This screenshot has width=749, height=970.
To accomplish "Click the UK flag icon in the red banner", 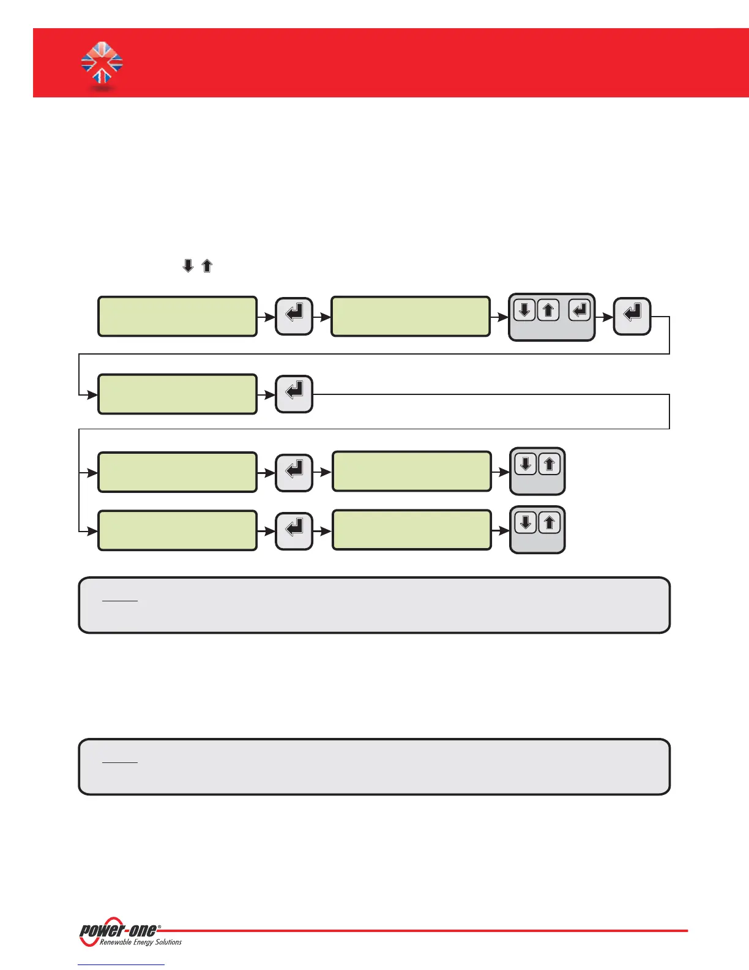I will coord(102,62).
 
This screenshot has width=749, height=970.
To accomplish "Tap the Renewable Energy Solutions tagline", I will coord(141,942).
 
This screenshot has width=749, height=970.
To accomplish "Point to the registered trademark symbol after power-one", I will coord(160,927).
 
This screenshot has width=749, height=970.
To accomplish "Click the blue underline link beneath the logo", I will coord(121,964).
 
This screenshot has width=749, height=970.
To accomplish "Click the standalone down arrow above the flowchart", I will coord(188,266).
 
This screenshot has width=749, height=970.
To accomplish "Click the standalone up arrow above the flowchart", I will coord(207,266).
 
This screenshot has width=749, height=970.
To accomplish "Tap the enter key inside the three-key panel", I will coord(579,310).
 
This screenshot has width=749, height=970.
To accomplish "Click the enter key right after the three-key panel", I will coord(632,316).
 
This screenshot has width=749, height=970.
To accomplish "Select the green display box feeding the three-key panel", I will coord(410,316).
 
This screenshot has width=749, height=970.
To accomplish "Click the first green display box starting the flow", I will coord(177,316).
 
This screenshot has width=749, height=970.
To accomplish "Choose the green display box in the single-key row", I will coord(177,394).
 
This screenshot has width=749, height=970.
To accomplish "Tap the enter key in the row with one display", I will coord(294,394).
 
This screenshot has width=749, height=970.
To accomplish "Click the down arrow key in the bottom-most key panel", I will coord(526,523).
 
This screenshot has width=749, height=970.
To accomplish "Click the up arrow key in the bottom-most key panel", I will coord(550,523).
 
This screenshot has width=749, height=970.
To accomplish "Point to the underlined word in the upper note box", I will coord(120,596).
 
